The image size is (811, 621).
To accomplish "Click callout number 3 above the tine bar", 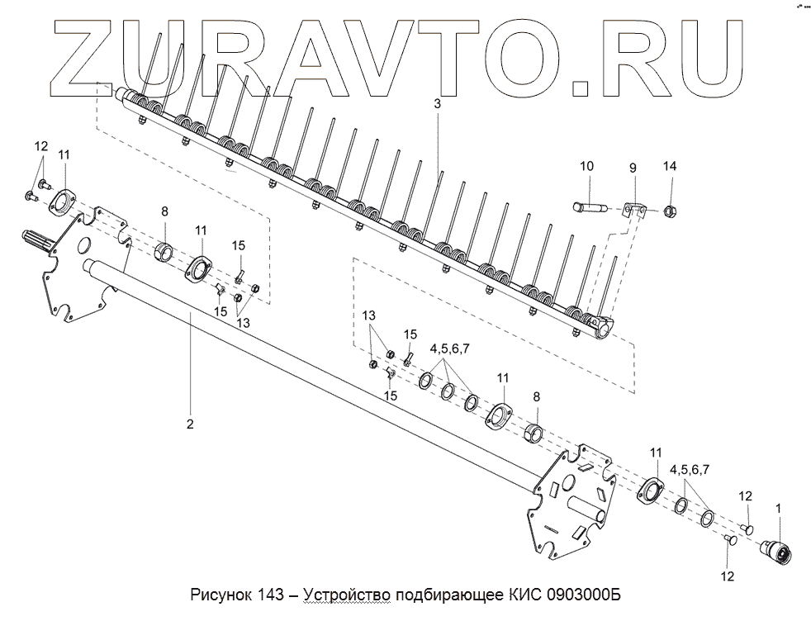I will tap(438, 105).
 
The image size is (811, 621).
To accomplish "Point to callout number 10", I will tap(586, 167).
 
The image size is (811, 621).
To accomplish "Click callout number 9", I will tap(633, 168).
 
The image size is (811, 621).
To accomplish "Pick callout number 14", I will tap(670, 167).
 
